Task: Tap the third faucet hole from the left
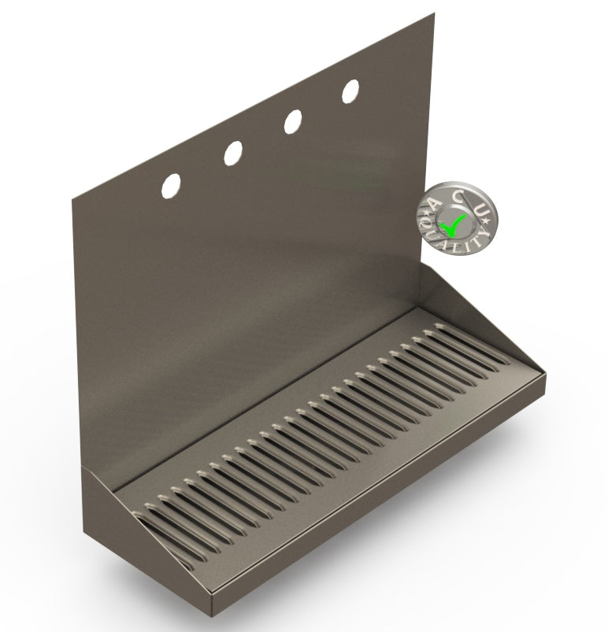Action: [x=292, y=120]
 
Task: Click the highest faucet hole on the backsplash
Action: [x=350, y=91]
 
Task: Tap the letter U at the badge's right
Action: [x=484, y=209]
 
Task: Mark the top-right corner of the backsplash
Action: [x=434, y=14]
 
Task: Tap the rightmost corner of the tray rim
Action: [x=545, y=375]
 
